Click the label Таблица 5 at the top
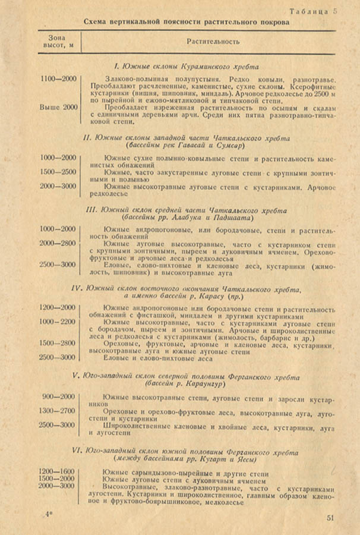[314, 11]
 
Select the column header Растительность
[213, 43]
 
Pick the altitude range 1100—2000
[58, 79]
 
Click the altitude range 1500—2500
[58, 172]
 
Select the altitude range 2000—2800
[58, 243]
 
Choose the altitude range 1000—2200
[58, 322]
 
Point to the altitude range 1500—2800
[58, 343]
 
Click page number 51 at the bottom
[331, 517]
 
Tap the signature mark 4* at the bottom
[48, 512]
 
